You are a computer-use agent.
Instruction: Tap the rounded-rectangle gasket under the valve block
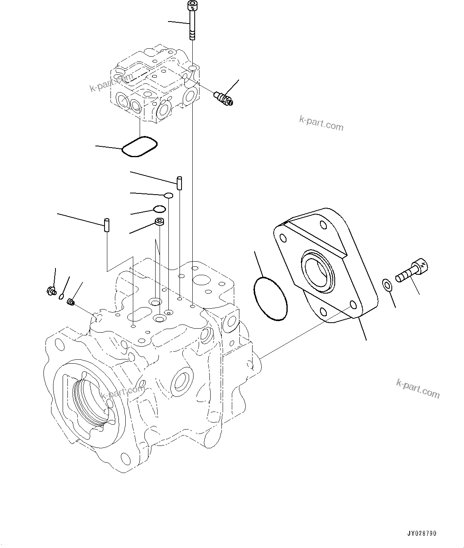139,146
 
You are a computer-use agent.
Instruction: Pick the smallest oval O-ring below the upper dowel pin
169,195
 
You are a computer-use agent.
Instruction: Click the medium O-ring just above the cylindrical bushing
159,209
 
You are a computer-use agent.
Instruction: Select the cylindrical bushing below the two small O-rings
160,223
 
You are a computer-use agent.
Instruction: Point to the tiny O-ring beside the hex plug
61,296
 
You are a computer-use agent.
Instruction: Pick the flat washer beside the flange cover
387,285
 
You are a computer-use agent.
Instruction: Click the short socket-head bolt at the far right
411,271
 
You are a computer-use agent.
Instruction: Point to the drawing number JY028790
422,533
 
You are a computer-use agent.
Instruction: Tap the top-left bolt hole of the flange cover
283,238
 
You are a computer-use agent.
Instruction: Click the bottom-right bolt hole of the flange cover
352,305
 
